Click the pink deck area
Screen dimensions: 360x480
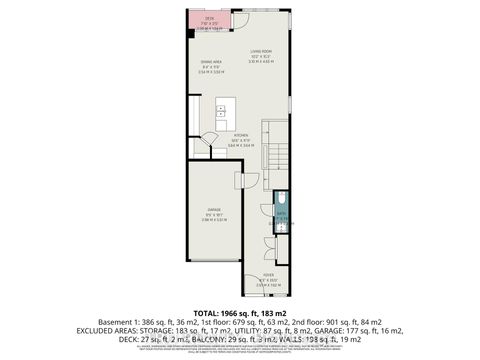click(210, 23)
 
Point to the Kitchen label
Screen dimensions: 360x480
click(240, 135)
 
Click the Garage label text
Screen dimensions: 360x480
click(213, 210)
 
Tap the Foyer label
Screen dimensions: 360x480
click(269, 273)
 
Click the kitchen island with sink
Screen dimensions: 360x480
click(223, 105)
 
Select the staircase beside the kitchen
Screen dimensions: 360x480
click(273, 150)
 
